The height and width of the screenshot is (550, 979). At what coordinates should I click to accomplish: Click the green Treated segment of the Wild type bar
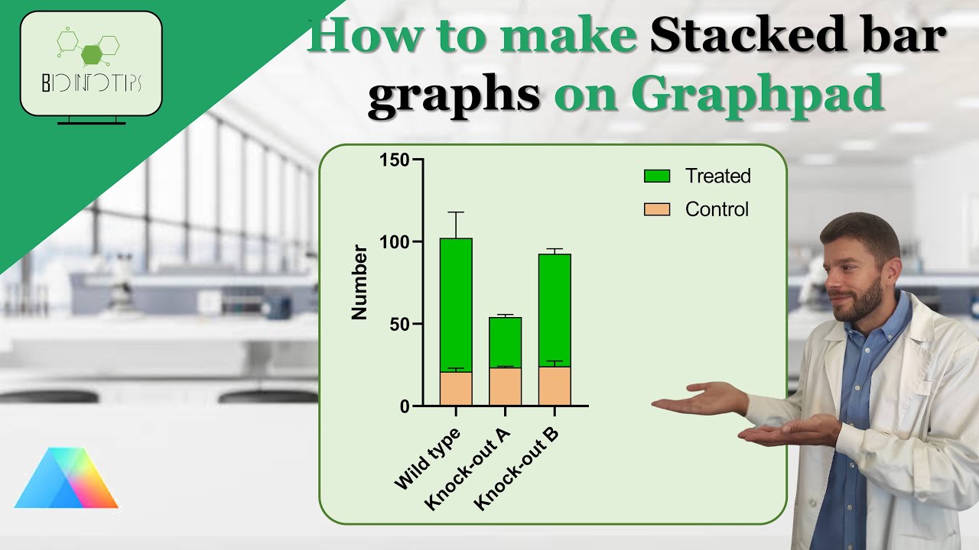(x=456, y=306)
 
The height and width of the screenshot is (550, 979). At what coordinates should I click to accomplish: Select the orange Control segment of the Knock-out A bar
(x=505, y=387)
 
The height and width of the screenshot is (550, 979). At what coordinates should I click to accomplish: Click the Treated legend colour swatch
(x=657, y=176)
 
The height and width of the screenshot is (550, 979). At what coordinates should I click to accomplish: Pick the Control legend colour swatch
(x=657, y=209)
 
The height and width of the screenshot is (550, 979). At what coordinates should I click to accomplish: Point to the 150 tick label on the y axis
(x=394, y=160)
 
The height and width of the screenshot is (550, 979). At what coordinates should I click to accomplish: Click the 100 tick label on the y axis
(x=394, y=242)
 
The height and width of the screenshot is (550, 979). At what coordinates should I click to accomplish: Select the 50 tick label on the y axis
(x=398, y=324)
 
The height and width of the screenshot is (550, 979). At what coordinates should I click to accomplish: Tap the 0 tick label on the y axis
(x=403, y=406)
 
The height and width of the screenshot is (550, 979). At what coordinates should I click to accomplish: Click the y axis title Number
(x=359, y=283)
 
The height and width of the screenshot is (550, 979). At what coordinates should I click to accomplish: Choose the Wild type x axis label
(x=428, y=458)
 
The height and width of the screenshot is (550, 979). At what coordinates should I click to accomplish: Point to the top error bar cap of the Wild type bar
(x=456, y=212)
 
